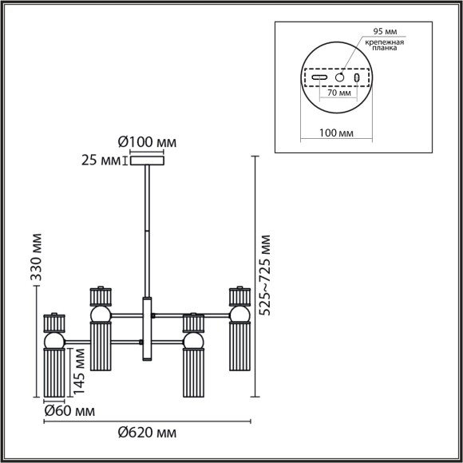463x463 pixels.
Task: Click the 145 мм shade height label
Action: [78, 370]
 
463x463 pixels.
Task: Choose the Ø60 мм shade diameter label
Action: [67, 412]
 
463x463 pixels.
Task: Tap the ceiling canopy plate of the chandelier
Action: [146, 162]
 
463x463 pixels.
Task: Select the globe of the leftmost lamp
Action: [53, 342]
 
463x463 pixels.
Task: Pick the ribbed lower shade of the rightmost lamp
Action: [239, 352]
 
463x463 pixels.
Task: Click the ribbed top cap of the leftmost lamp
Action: [53, 323]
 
